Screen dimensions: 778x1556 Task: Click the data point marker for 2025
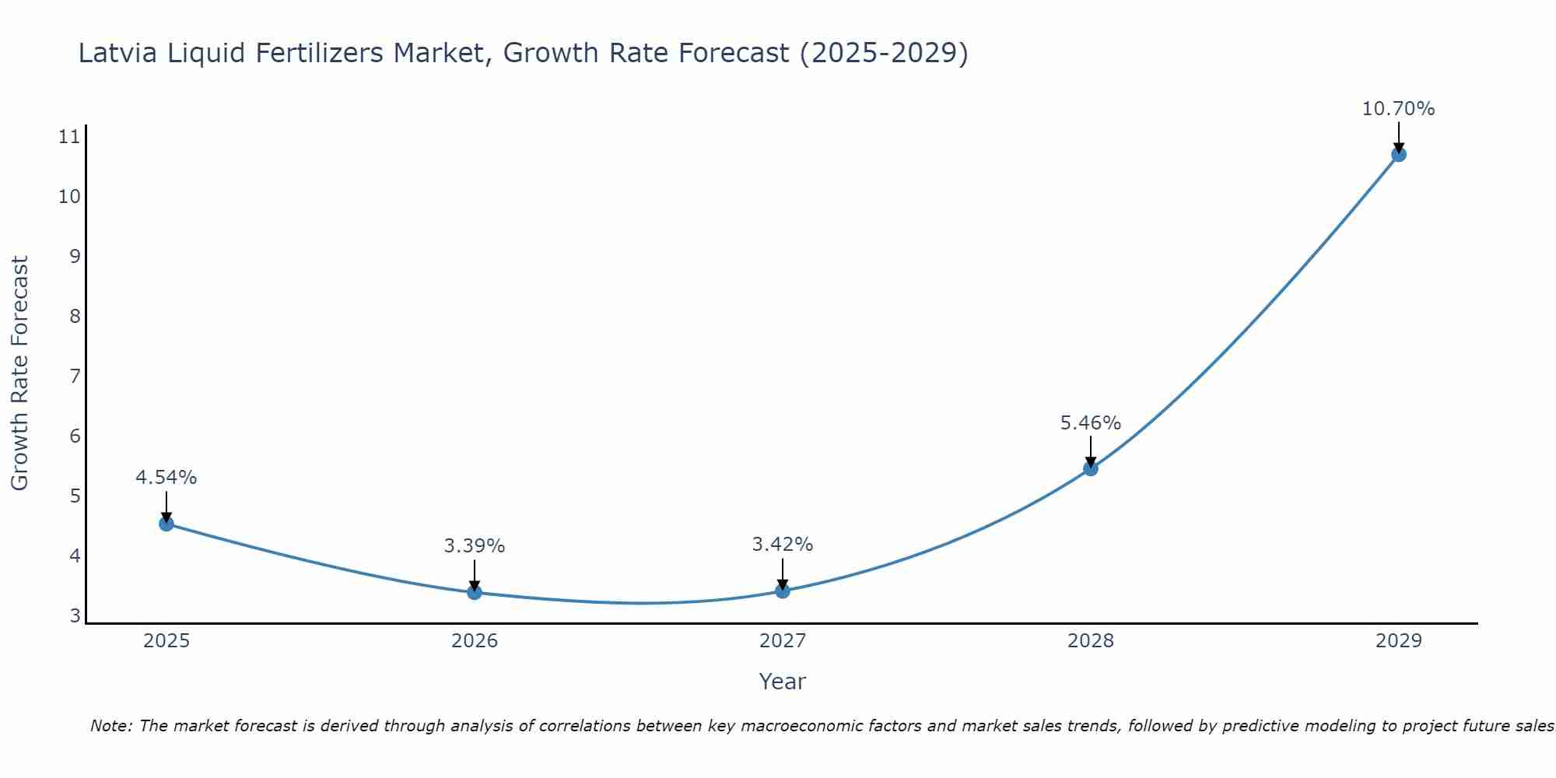[166, 524]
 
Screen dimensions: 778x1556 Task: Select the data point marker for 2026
[475, 592]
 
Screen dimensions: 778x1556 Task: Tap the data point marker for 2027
[783, 591]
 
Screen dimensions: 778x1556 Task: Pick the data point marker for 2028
[1091, 468]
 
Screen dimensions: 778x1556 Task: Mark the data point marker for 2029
[1398, 154]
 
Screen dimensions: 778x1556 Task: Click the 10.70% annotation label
[1398, 109]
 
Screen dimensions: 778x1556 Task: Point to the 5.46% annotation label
[1091, 423]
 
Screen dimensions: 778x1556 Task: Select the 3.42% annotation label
[783, 545]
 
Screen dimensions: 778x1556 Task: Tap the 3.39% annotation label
[475, 546]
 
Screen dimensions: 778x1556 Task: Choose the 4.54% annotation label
[166, 478]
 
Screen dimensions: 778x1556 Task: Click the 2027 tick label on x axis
[783, 641]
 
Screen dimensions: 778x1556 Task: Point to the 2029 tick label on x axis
[1398, 641]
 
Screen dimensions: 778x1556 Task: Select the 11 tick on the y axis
[69, 138]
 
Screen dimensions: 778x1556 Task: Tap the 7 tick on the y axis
[75, 377]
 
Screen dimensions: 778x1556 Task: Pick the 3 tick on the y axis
[75, 616]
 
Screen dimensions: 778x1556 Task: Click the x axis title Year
[782, 682]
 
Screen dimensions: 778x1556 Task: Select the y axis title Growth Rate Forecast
[20, 373]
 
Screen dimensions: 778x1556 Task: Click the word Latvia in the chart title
[116, 53]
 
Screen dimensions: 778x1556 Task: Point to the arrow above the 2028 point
[1091, 451]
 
